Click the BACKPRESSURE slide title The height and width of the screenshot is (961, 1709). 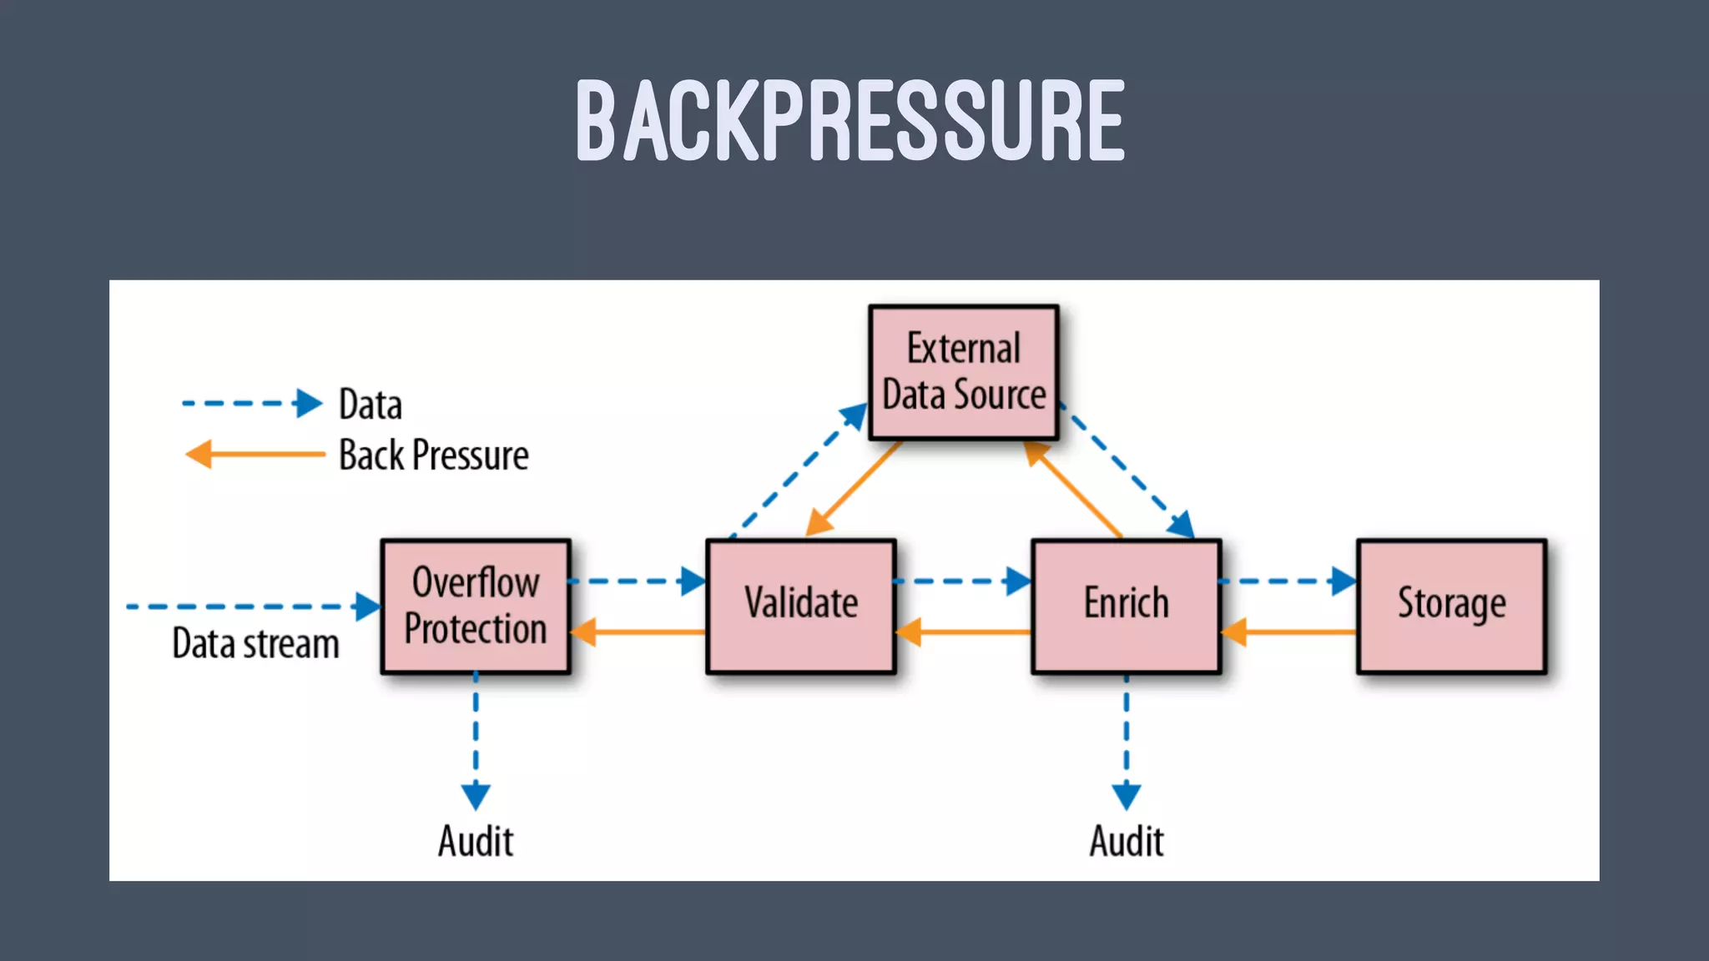[850, 120]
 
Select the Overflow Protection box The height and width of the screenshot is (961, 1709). [476, 606]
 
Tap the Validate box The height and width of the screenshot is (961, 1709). [801, 606]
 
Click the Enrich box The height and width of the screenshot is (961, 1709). [1127, 606]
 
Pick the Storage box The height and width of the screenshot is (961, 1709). [1452, 606]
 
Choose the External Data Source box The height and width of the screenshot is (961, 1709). [964, 373]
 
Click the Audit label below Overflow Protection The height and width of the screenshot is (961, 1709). [476, 841]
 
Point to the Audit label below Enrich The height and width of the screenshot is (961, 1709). [1127, 841]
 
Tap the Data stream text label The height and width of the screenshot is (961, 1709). [255, 644]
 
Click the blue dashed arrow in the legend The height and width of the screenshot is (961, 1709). [250, 404]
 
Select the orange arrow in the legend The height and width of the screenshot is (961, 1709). [255, 455]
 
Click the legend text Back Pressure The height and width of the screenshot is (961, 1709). [433, 455]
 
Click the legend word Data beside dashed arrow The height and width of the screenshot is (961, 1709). [371, 405]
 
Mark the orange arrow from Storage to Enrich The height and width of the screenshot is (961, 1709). [1289, 632]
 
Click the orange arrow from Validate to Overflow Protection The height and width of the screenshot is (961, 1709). [638, 632]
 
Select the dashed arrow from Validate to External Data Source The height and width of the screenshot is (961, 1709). [797, 471]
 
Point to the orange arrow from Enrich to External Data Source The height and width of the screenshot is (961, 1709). [1074, 490]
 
